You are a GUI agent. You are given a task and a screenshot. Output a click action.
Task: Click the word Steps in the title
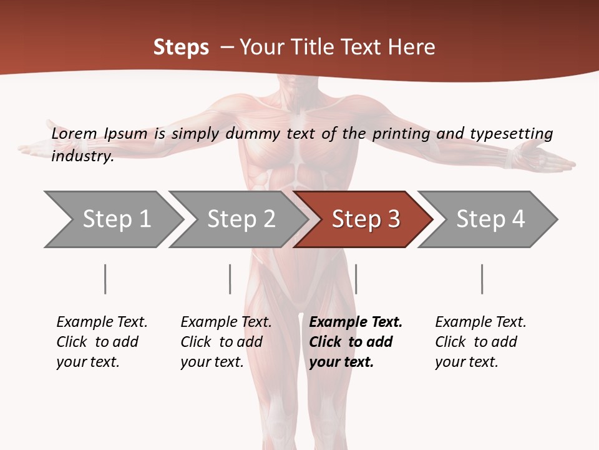pyautogui.click(x=181, y=47)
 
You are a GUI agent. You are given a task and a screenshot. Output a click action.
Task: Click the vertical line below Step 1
pyautogui.click(x=105, y=279)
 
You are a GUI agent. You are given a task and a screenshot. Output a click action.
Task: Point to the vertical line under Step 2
pyautogui.click(x=230, y=279)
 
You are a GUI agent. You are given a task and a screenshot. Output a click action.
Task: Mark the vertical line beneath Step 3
pyautogui.click(x=356, y=279)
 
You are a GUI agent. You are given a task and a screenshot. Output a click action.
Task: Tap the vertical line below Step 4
pyautogui.click(x=482, y=279)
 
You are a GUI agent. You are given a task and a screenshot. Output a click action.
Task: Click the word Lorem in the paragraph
pyautogui.click(x=74, y=134)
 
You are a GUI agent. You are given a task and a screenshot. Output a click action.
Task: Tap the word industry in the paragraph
pyautogui.click(x=82, y=156)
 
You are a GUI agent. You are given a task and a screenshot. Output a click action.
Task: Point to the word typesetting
pyautogui.click(x=511, y=134)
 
